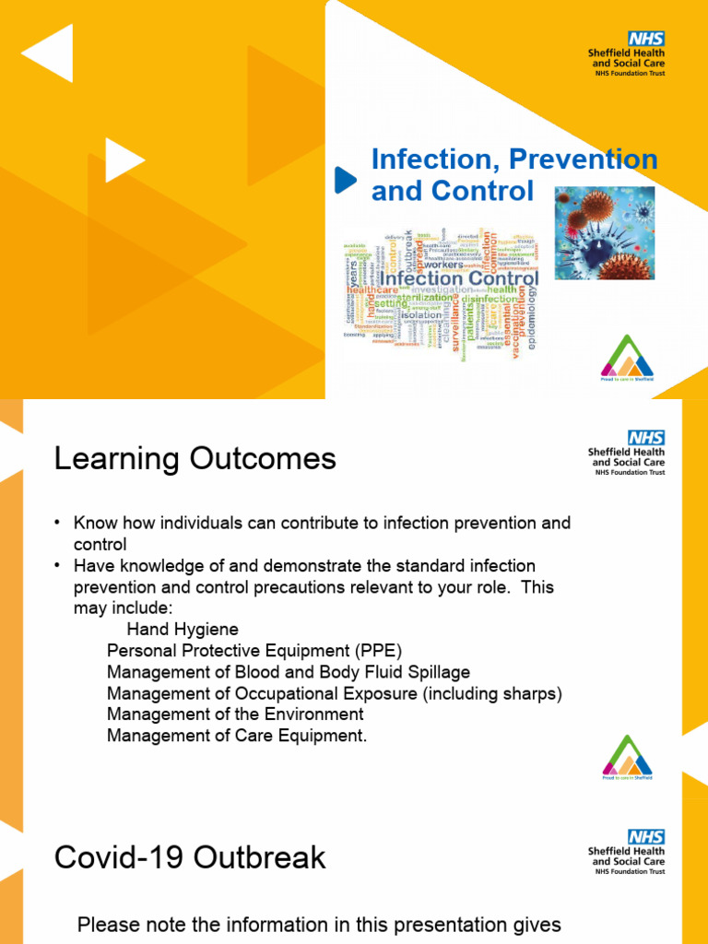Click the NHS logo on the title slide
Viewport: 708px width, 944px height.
645,38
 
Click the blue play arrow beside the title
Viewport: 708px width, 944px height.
345,180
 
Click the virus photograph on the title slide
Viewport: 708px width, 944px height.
604,233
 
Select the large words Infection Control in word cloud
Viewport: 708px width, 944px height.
459,278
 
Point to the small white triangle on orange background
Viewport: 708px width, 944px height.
124,160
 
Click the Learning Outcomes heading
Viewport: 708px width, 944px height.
195,458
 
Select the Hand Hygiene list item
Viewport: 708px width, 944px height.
183,630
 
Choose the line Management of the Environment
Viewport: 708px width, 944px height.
235,714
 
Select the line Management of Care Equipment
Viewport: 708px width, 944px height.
237,736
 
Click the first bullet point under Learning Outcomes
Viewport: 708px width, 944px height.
57,524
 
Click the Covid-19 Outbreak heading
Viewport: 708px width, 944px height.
190,857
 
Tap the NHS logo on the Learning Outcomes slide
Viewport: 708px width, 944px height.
645,437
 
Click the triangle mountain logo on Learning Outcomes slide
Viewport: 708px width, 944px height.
627,755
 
